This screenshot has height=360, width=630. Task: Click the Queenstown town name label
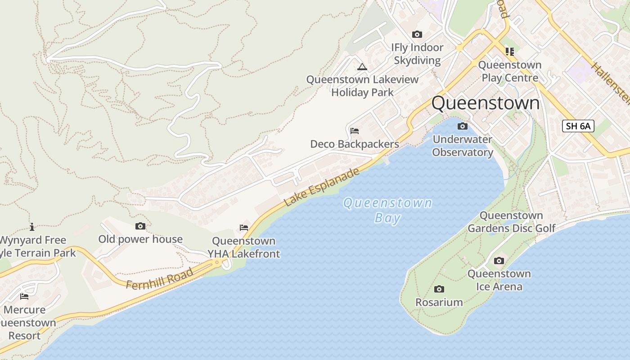pyautogui.click(x=485, y=103)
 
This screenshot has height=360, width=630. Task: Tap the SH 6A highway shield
pyautogui.click(x=578, y=126)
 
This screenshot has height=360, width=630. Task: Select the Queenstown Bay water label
pyautogui.click(x=387, y=210)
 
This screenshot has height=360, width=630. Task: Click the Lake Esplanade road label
pyautogui.click(x=322, y=187)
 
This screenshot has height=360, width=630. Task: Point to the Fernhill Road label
pyautogui.click(x=160, y=279)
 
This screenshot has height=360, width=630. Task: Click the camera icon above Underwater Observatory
pyautogui.click(x=462, y=126)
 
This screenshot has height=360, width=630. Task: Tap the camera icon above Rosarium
pyautogui.click(x=439, y=289)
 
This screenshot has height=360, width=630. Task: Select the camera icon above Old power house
pyautogui.click(x=140, y=226)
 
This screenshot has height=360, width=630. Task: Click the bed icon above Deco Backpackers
pyautogui.click(x=355, y=131)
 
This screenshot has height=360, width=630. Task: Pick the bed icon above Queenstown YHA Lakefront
pyautogui.click(x=244, y=228)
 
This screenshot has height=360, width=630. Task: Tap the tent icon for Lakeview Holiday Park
pyautogui.click(x=362, y=67)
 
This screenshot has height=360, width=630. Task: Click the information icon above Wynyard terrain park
pyautogui.click(x=32, y=227)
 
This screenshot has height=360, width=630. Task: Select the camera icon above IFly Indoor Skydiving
pyautogui.click(x=417, y=34)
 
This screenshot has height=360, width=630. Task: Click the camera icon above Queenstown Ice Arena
pyautogui.click(x=499, y=261)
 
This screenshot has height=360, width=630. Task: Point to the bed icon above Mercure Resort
pyautogui.click(x=24, y=296)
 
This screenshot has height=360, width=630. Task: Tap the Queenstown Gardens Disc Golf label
pyautogui.click(x=512, y=222)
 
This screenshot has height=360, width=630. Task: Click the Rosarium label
pyautogui.click(x=439, y=302)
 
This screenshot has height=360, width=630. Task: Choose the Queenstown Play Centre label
pyautogui.click(x=510, y=71)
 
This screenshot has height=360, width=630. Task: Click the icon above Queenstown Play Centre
pyautogui.click(x=509, y=52)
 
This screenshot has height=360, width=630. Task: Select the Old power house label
pyautogui.click(x=140, y=239)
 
